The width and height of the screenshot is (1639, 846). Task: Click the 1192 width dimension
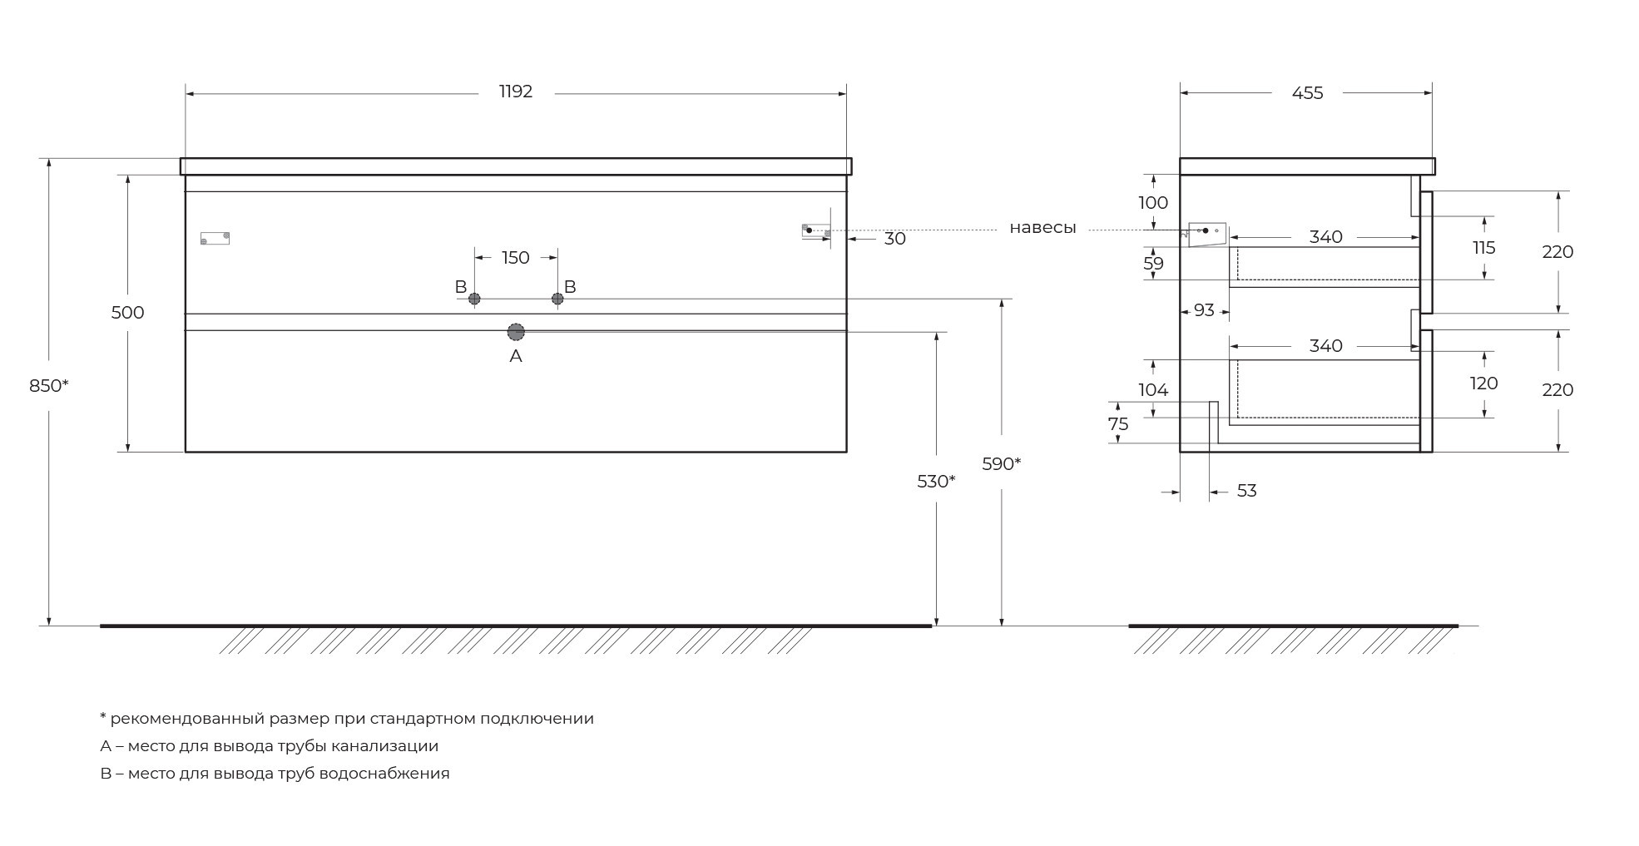[x=516, y=92]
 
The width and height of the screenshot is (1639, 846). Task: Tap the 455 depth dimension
[x=1307, y=93]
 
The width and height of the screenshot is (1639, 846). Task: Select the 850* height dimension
[x=49, y=386]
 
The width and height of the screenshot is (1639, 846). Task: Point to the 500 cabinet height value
[x=127, y=313]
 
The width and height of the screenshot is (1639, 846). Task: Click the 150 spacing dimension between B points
[x=516, y=258]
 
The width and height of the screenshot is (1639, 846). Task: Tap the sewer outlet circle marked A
[x=516, y=332]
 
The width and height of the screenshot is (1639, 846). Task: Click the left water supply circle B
[x=474, y=299]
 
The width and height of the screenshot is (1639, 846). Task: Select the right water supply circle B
[x=557, y=299]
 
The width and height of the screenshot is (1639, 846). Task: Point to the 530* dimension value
[x=936, y=482]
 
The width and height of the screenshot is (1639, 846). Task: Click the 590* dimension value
[x=1002, y=464]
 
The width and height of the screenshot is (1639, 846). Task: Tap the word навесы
[x=1042, y=228]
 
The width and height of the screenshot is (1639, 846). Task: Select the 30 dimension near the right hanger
[x=895, y=239]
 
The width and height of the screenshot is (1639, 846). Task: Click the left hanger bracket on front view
[x=215, y=238]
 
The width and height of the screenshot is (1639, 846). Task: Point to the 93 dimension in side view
[x=1204, y=310]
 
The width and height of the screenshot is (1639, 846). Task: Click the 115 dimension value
[x=1483, y=248]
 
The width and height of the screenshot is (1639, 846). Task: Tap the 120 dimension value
[x=1483, y=383]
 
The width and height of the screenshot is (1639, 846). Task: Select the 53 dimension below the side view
[x=1246, y=491]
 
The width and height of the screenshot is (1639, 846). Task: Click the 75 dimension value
[x=1118, y=424]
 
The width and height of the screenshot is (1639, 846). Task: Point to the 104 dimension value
[x=1153, y=390]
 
